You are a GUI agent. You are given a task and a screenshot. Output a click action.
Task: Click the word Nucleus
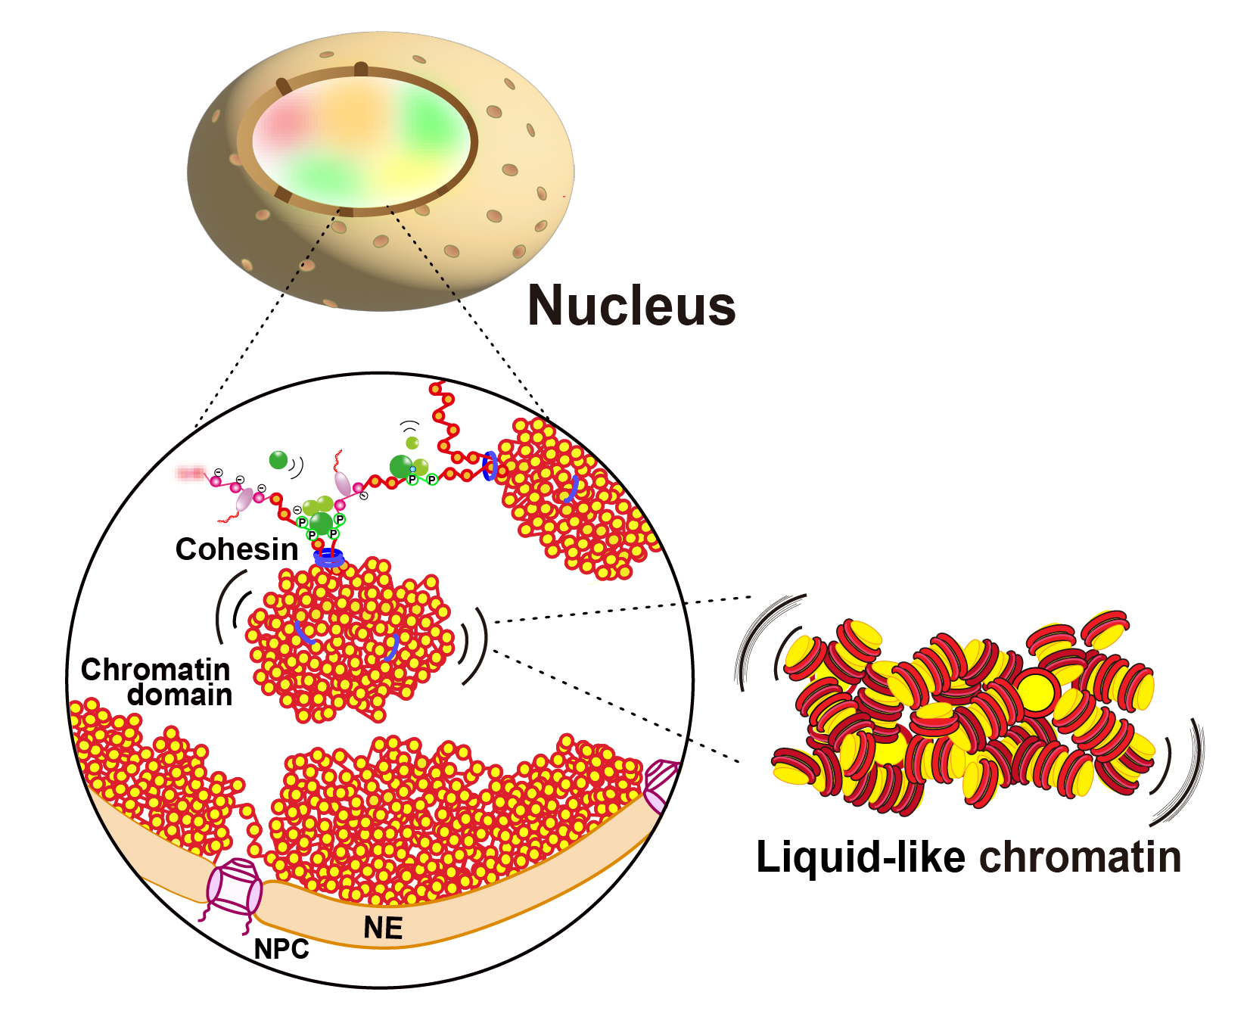coord(632,306)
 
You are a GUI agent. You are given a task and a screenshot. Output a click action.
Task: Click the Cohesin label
coord(237,549)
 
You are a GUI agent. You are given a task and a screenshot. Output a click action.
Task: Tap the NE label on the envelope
coord(383,928)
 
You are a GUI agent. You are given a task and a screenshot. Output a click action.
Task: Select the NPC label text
coord(281,949)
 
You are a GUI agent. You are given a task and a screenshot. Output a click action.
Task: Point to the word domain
coord(180,695)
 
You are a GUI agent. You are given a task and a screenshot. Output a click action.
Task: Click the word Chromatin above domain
coord(155,670)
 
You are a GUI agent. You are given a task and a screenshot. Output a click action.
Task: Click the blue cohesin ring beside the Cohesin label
coord(328,558)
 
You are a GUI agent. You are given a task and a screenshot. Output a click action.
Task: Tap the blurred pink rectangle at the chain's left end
coord(190,474)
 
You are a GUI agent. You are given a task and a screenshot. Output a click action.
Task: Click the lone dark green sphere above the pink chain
coord(278,459)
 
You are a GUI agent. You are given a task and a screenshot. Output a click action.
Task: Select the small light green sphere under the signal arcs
coord(412,443)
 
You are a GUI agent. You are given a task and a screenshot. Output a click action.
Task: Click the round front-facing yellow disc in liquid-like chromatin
coord(1035,691)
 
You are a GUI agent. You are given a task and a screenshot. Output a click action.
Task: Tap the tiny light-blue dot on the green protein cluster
coord(412,470)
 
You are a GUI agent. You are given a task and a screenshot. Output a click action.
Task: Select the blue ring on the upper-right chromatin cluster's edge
coord(490,465)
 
